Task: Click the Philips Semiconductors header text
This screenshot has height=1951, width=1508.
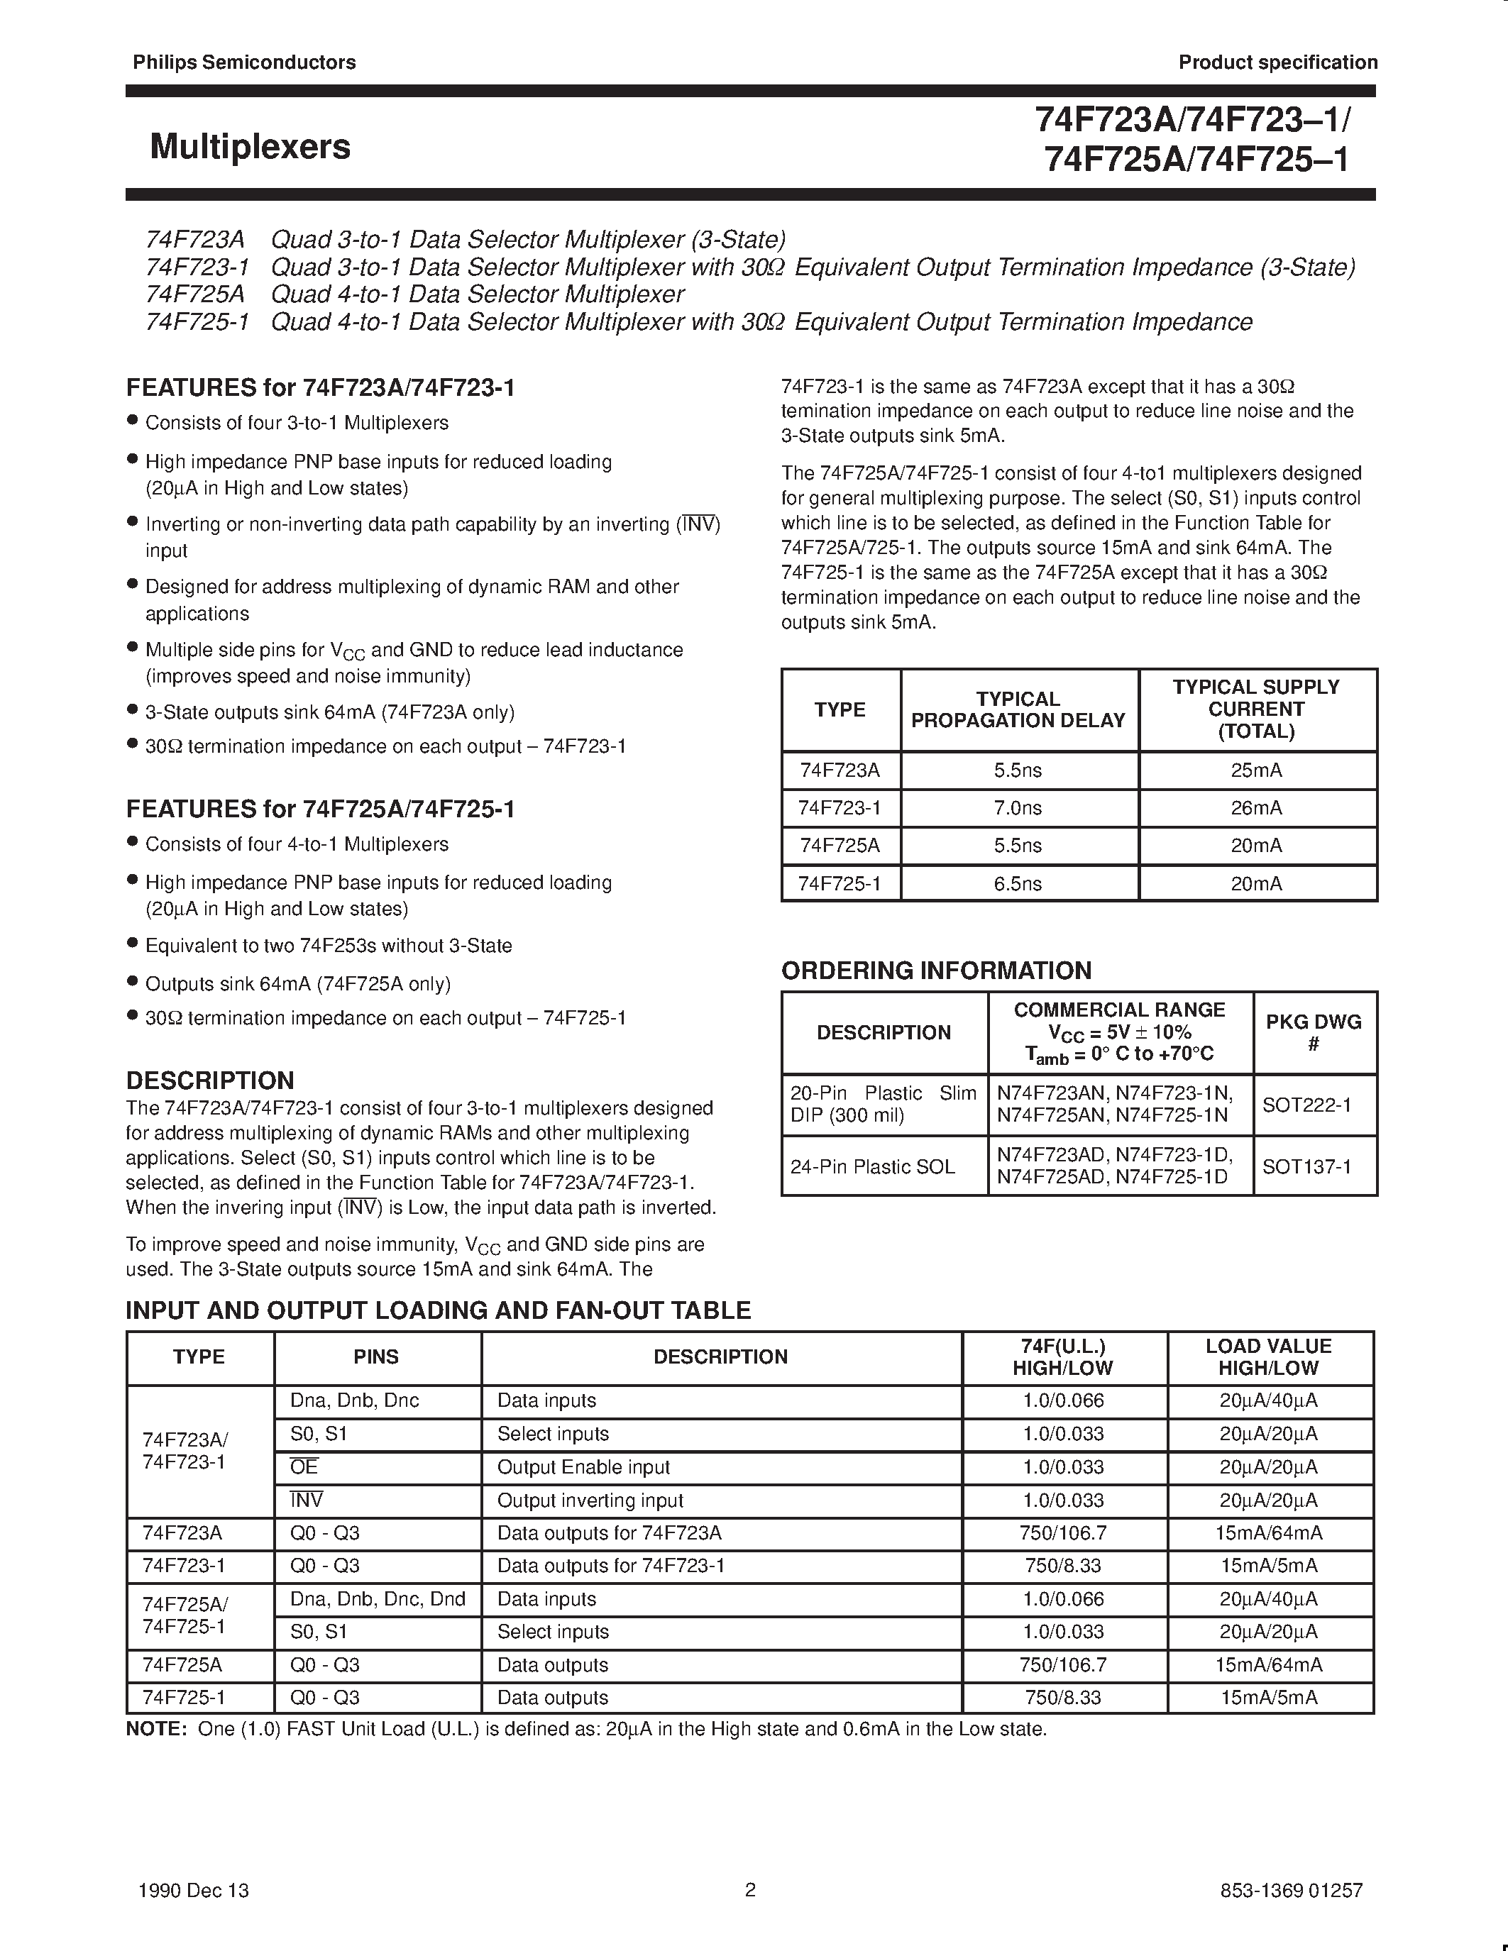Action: click(244, 62)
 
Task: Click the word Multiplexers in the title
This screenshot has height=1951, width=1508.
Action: click(250, 147)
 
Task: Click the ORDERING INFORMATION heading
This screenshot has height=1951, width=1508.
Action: click(935, 971)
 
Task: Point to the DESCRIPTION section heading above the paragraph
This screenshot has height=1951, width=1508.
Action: click(210, 1081)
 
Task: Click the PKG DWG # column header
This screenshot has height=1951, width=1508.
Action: click(1314, 1033)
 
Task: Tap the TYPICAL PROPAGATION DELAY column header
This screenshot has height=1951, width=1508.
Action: click(1018, 710)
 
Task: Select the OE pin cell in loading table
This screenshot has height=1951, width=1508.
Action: click(304, 1467)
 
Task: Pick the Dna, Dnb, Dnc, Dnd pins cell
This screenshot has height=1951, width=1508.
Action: click(377, 1599)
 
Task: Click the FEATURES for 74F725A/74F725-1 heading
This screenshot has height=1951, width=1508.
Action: click(320, 809)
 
